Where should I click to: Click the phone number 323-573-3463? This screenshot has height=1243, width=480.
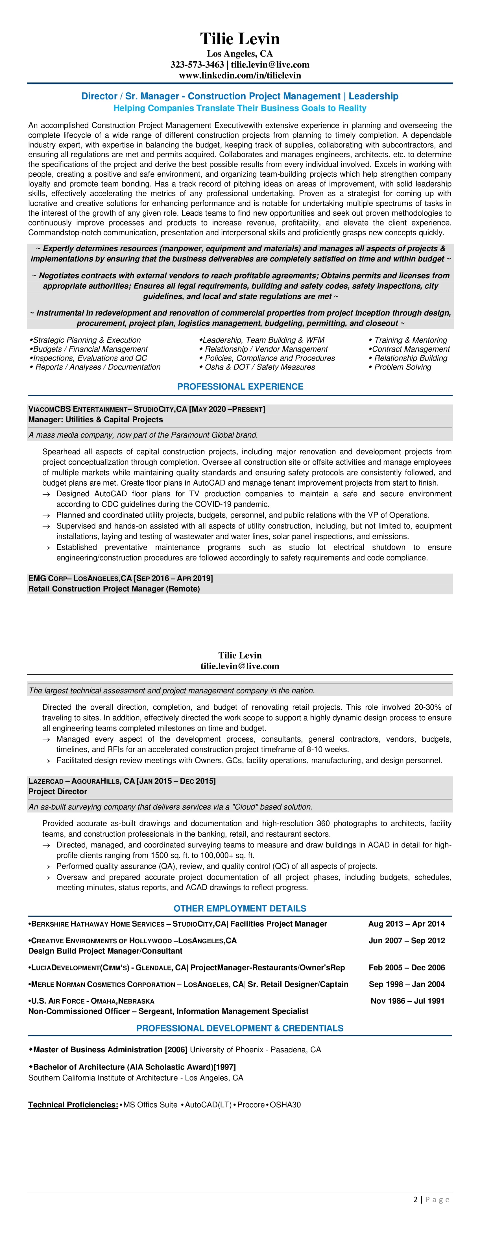(x=197, y=65)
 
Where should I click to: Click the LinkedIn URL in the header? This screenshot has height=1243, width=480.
(x=240, y=75)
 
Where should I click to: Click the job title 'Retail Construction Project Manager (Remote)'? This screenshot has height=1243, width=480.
(x=114, y=589)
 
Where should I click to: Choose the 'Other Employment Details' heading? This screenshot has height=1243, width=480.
(x=240, y=908)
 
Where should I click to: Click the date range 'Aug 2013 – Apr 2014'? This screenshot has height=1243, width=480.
(x=406, y=923)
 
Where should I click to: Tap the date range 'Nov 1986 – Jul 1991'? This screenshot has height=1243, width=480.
(x=407, y=1001)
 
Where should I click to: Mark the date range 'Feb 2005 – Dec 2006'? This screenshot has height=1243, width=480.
(x=407, y=968)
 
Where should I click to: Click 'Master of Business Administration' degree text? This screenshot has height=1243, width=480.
(x=98, y=1049)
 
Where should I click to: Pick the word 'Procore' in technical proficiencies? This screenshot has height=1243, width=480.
(x=250, y=1105)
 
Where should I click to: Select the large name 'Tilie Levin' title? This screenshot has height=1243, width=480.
(x=240, y=39)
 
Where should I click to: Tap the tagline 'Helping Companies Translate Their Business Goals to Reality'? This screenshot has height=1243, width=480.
(x=240, y=108)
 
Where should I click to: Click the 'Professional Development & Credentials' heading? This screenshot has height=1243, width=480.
(x=240, y=1028)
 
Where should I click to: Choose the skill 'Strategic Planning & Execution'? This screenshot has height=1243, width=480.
(x=87, y=340)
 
